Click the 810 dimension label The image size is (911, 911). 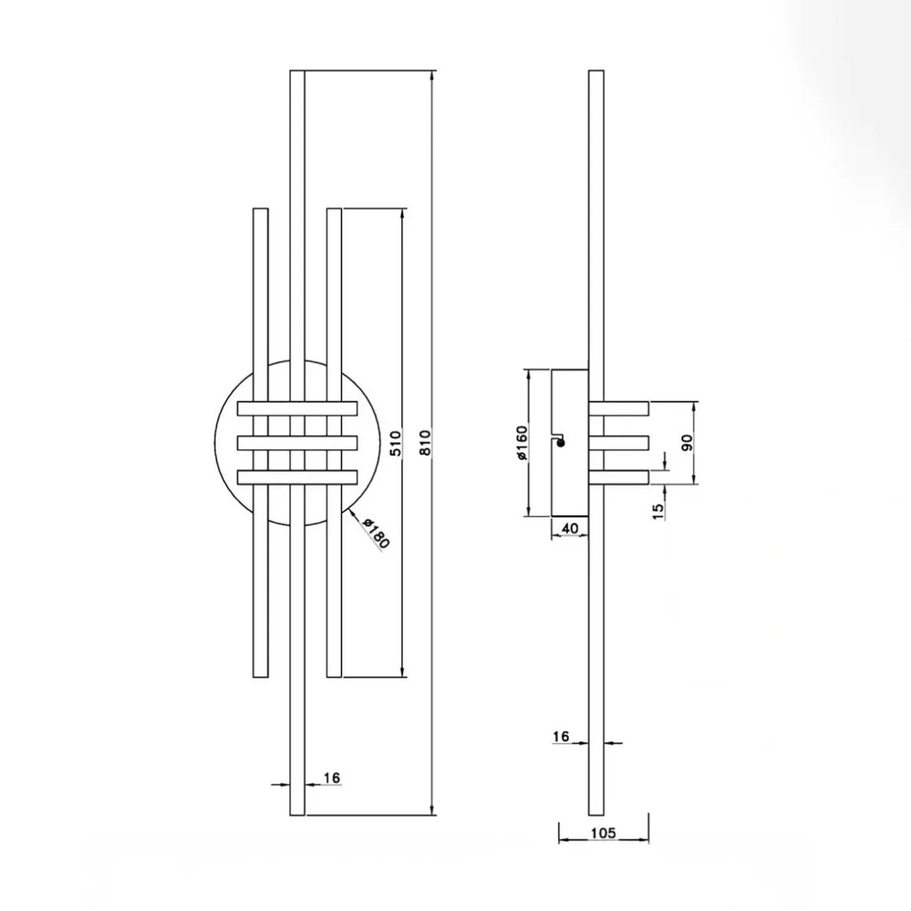pyautogui.click(x=425, y=443)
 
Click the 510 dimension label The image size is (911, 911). pyautogui.click(x=396, y=443)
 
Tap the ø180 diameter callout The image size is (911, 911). pyautogui.click(x=376, y=533)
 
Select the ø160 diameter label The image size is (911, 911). pyautogui.click(x=521, y=443)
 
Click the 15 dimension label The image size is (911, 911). pyautogui.click(x=658, y=512)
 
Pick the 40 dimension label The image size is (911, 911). pyautogui.click(x=571, y=528)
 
